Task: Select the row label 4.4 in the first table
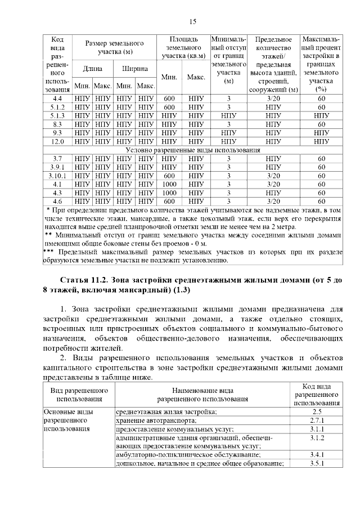[x=57, y=99]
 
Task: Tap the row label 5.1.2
[x=57, y=108]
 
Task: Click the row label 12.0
[x=57, y=141]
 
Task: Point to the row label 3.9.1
[x=57, y=167]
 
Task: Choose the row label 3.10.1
[x=57, y=176]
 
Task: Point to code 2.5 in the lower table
[x=316, y=411]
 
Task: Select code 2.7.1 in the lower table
[x=316, y=420]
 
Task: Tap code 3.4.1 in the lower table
[x=316, y=454]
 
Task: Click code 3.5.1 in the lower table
[x=316, y=463]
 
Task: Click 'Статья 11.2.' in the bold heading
[x=85, y=280]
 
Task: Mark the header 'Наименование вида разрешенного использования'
[x=202, y=395]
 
